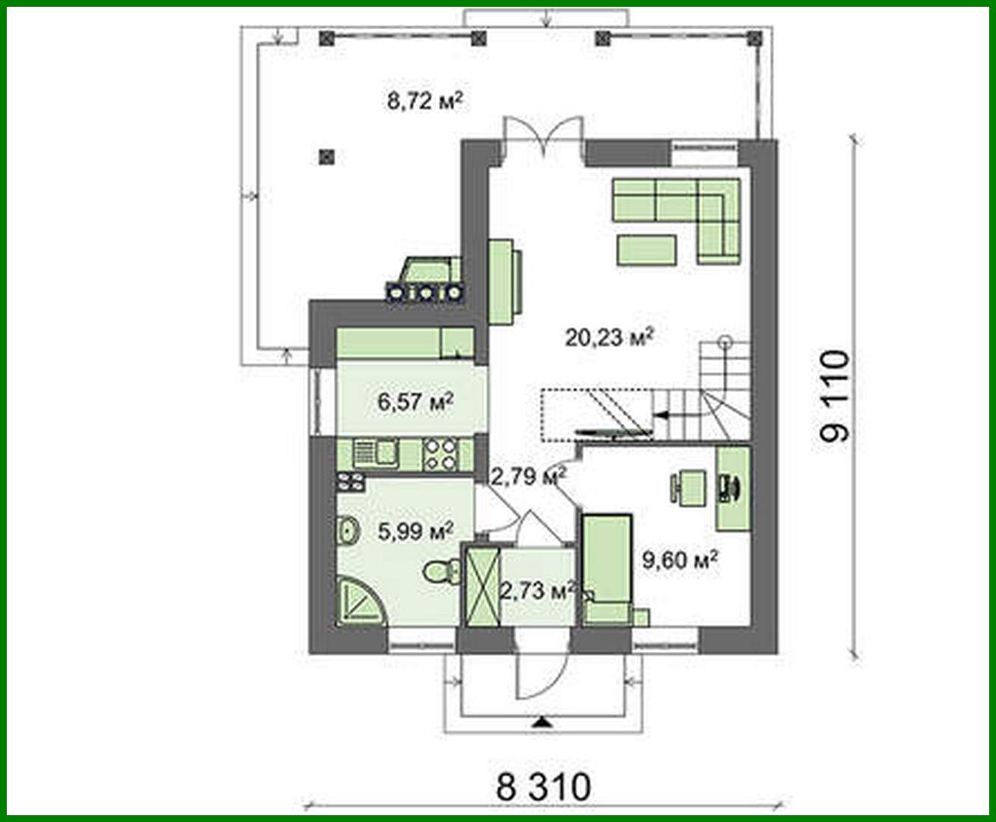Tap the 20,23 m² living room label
pos(609,338)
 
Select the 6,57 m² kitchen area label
pos(416,403)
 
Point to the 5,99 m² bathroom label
pos(416,532)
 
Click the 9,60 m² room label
pos(680,559)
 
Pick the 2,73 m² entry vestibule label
pos(537,591)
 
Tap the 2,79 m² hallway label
pos(527,475)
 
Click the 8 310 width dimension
pos(543,787)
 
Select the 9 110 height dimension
pos(833,396)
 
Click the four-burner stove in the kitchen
pos(440,454)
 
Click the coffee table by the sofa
pos(647,250)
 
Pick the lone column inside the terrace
pos(326,157)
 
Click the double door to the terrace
pos(543,138)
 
